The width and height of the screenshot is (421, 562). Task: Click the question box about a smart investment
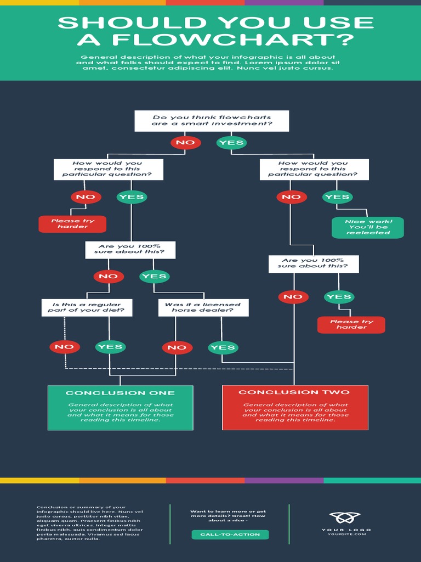coord(212,121)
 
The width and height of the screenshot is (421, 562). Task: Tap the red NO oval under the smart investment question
coord(185,143)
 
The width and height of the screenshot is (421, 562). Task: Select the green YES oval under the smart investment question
coord(231,143)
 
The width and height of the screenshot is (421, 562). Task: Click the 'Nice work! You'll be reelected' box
coord(368,227)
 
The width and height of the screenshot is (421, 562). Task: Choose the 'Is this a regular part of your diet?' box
coord(87,307)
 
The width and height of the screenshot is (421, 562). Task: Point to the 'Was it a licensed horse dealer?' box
coord(203,307)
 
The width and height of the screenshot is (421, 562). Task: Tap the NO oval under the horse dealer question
coord(177,347)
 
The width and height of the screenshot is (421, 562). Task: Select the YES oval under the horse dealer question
coord(223,347)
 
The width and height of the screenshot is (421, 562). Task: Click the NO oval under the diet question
coord(65,347)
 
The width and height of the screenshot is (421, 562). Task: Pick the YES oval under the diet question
coord(110,347)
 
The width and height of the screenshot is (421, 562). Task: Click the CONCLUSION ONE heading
coord(120,393)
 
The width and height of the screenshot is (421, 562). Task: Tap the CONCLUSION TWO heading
coord(294,392)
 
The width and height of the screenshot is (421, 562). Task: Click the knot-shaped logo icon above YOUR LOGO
coord(345,518)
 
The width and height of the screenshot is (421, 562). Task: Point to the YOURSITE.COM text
coord(346,534)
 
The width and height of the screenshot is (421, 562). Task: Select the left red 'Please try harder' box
coord(72,224)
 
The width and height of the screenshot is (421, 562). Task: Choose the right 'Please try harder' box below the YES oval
coord(351,324)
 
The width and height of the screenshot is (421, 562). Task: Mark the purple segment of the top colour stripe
coord(284,2)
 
